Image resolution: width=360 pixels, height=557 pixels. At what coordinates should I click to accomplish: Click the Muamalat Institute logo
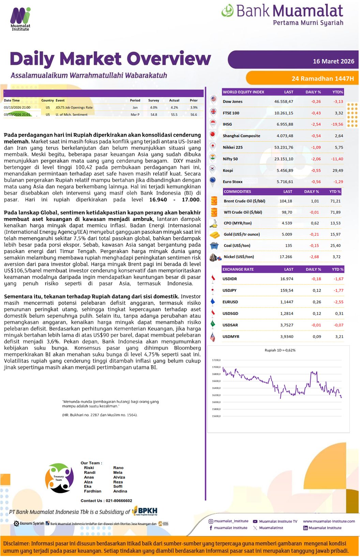click(x=20, y=19)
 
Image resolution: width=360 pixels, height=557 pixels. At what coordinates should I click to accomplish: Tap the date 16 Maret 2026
click(x=333, y=61)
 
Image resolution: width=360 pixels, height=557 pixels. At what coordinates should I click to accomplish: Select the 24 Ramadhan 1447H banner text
click(x=322, y=79)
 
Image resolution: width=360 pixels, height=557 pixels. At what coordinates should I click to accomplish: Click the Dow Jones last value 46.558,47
click(x=284, y=102)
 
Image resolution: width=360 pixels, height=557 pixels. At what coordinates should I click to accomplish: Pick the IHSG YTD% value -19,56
click(x=337, y=124)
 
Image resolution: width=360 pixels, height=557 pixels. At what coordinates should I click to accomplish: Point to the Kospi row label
click(x=228, y=170)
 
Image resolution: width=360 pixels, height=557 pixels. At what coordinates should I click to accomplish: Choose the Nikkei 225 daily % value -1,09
click(x=316, y=148)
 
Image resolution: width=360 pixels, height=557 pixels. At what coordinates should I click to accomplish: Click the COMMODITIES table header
click(x=237, y=192)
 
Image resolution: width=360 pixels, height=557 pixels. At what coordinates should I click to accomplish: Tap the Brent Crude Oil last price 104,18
click(x=286, y=201)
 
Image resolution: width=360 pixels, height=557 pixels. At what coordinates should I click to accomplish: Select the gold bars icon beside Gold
click(x=214, y=235)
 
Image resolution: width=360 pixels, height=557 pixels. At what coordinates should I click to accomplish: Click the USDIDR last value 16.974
click(x=287, y=279)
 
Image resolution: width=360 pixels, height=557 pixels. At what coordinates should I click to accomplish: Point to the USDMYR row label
click(x=231, y=337)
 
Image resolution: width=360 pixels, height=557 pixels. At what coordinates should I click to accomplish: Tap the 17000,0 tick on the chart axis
click(x=216, y=367)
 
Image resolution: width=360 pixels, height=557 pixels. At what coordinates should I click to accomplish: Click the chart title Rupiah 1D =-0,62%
click(x=280, y=350)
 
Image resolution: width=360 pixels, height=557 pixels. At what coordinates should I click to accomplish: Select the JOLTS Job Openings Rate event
click(x=74, y=108)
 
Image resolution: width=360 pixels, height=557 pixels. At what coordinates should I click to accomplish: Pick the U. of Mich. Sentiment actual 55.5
click(x=174, y=115)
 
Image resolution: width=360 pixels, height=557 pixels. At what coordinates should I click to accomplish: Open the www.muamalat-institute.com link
click(x=329, y=521)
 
